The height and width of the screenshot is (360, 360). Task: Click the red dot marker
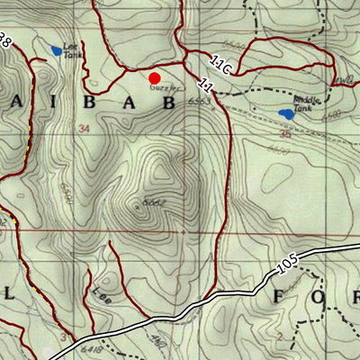click(x=154, y=78)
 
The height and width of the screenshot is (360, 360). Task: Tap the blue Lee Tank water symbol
click(x=57, y=50)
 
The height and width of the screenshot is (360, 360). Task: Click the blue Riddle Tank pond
click(x=287, y=114)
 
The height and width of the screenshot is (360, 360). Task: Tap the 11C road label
click(x=222, y=67)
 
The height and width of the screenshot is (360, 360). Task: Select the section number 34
click(x=85, y=129)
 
